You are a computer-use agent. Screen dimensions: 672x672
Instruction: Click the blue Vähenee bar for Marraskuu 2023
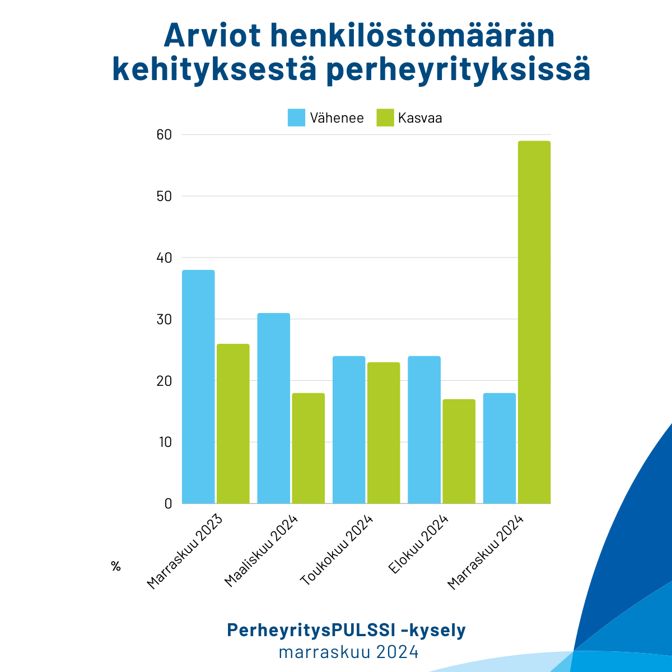pyautogui.click(x=198, y=386)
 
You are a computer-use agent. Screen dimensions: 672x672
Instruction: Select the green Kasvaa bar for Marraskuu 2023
pyautogui.click(x=233, y=423)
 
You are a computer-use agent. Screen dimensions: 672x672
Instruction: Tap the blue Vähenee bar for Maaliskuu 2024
pyautogui.click(x=273, y=408)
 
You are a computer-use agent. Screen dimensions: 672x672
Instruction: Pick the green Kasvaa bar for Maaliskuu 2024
pyautogui.click(x=308, y=448)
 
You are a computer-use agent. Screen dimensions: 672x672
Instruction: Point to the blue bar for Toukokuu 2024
pyautogui.click(x=349, y=430)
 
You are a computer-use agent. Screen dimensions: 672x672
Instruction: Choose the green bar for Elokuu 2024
pyautogui.click(x=459, y=451)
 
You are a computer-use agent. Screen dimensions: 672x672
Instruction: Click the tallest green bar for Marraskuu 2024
pyautogui.click(x=534, y=322)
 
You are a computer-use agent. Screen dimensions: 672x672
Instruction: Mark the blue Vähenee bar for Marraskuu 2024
pyautogui.click(x=500, y=448)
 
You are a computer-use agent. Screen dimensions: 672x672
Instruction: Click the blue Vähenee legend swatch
pyautogui.click(x=296, y=118)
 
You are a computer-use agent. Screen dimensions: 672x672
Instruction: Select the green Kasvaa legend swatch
pyautogui.click(x=385, y=118)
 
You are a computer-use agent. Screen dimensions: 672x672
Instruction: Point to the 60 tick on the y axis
pyautogui.click(x=164, y=135)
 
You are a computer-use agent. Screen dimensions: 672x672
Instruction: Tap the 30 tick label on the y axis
pyautogui.click(x=164, y=319)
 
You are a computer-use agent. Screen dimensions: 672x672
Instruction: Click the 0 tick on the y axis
pyautogui.click(x=168, y=503)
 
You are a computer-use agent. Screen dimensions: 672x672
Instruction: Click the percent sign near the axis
pyautogui.click(x=116, y=566)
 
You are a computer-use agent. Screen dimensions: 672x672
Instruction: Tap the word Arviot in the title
pyautogui.click(x=211, y=36)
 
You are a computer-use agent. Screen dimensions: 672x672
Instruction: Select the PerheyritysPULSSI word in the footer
pyautogui.click(x=310, y=630)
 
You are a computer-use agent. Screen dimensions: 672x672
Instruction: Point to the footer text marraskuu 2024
pyautogui.click(x=348, y=652)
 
